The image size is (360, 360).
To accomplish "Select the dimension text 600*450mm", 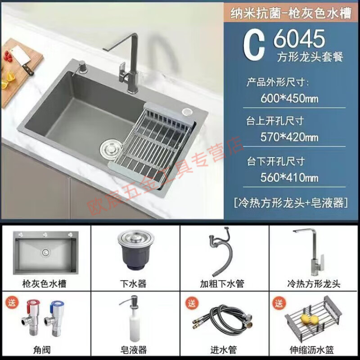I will click(289, 98).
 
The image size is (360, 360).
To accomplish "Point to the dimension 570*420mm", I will click(289, 137).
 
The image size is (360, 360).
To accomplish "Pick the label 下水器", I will click(135, 283).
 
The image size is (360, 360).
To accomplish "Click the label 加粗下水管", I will click(224, 283).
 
